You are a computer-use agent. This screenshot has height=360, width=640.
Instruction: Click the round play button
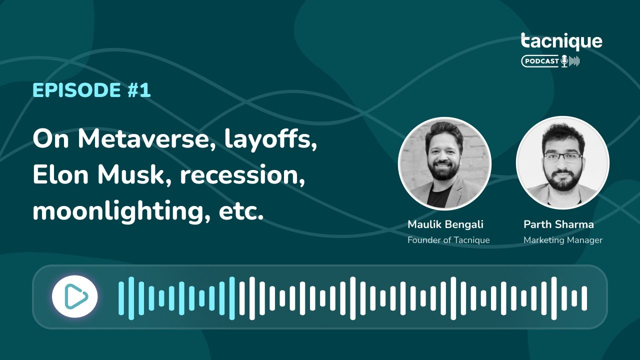pos(75,297)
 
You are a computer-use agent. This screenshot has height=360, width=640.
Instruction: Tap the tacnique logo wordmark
pos(561,42)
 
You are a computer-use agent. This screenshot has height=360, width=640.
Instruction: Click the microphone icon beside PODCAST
pos(564,61)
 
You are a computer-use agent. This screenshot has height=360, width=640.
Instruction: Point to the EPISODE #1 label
pos(91,90)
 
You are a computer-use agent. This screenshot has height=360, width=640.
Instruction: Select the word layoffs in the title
pos(271,139)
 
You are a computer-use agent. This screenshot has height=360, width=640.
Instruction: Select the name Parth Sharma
pos(558,224)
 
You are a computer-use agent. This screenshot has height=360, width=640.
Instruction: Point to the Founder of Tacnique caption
pos(448,240)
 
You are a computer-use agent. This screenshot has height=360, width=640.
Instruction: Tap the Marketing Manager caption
pos(563,240)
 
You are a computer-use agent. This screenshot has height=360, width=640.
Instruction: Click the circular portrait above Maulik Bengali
pos(444,163)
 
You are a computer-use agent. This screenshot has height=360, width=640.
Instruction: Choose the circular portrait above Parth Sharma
pos(562,162)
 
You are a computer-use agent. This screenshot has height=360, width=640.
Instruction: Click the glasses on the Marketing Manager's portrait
pos(562,157)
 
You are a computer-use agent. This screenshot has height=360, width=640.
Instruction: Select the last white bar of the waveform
pos(584,298)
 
